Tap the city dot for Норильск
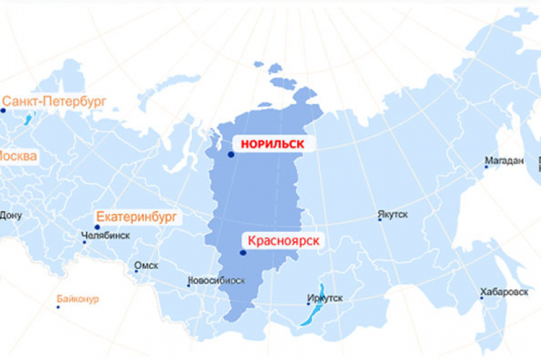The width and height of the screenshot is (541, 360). point(231,155)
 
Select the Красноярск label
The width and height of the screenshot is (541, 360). point(283,240)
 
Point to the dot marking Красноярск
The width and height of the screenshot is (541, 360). point(243,253)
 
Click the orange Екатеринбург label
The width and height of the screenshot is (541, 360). point(137,217)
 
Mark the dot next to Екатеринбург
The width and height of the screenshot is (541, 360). point(97,227)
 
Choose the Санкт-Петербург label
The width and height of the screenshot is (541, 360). point(55,100)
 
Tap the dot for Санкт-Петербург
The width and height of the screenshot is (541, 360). point(3,110)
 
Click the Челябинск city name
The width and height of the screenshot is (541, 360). point(105,236)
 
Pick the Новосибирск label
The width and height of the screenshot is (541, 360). point(216,280)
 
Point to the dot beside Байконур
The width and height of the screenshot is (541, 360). point(58,307)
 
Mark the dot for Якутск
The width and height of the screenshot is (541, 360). point(380,219)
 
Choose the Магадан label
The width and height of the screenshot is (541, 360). point(504,161)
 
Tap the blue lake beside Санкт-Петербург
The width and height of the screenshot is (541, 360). point(28,120)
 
